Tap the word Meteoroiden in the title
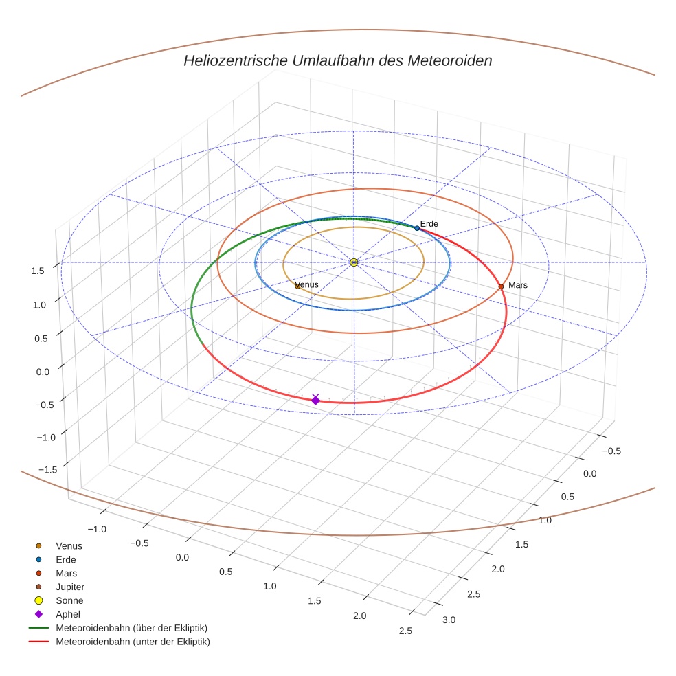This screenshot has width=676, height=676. point(450,60)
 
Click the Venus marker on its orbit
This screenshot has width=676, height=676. point(297,286)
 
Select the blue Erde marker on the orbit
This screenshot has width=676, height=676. point(417,228)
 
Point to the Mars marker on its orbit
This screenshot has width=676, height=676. point(501,286)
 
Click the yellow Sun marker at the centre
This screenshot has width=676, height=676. point(354,262)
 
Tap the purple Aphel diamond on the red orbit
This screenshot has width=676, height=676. point(315,400)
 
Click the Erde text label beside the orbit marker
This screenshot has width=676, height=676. point(429,224)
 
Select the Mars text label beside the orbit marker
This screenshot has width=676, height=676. point(518,285)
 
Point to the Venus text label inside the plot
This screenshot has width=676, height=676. point(308,284)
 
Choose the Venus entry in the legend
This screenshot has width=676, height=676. point(69,545)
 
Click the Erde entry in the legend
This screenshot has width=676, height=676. point(66,559)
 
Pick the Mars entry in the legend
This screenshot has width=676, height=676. point(66,573)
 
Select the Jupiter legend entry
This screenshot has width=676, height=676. point(70,587)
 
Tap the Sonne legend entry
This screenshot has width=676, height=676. point(69,600)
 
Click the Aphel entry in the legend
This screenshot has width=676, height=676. point(68,614)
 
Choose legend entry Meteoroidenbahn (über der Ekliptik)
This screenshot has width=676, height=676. point(131,628)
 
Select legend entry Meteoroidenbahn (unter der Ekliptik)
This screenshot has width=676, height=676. point(133,642)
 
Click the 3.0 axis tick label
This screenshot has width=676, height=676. point(449,620)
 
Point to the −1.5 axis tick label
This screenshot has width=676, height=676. point(47,469)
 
